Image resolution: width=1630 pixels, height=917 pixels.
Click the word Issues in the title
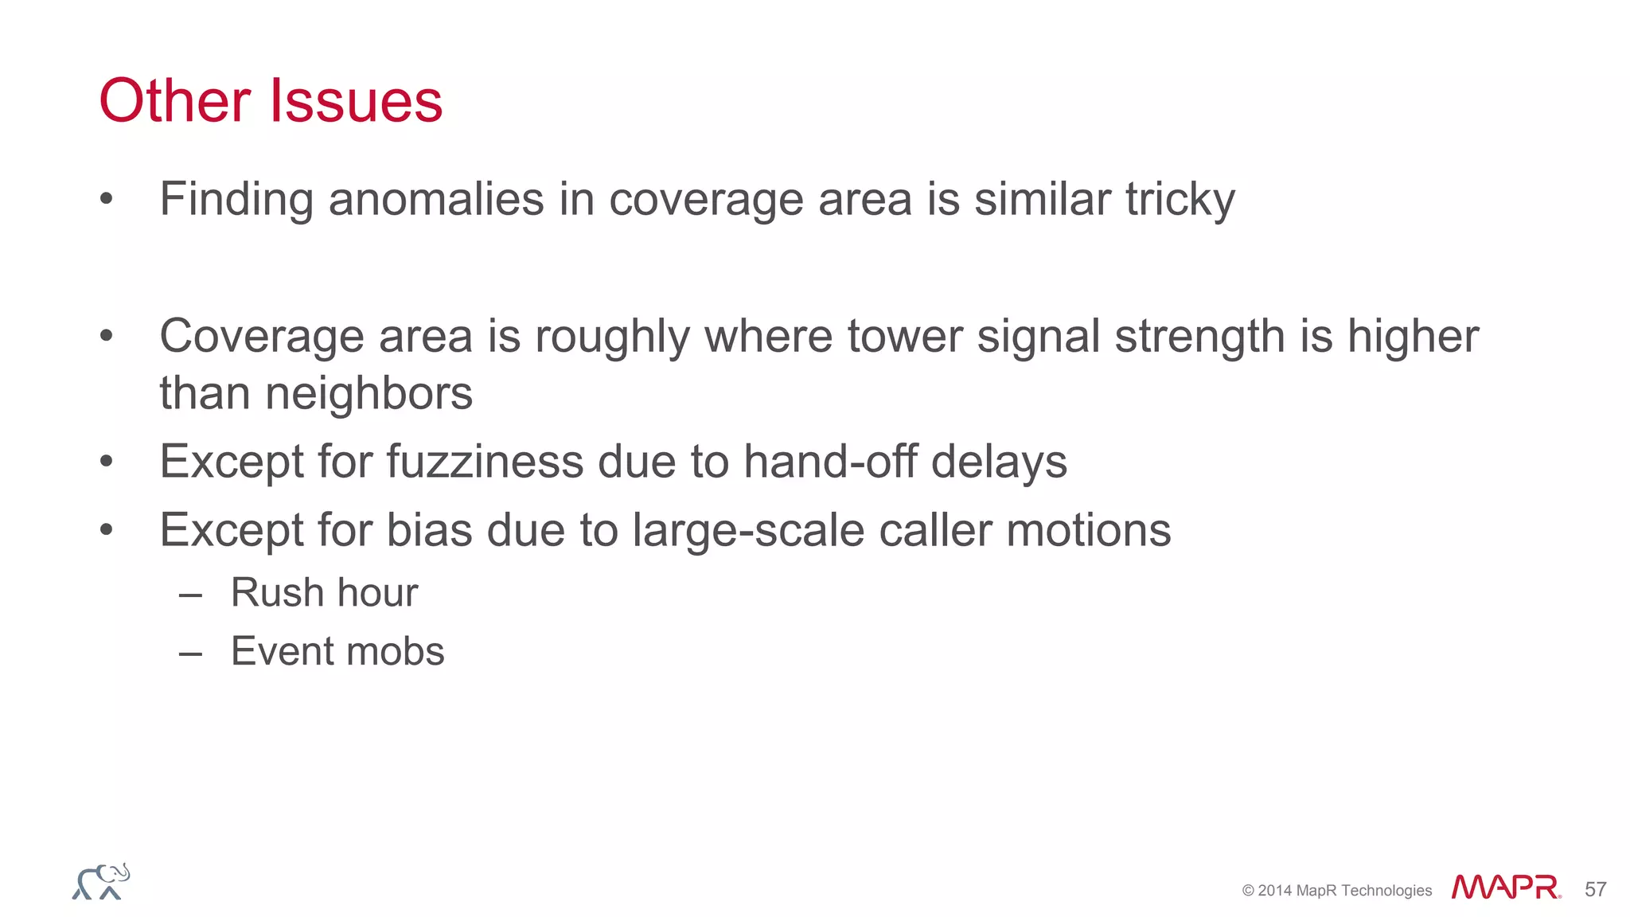tap(356, 101)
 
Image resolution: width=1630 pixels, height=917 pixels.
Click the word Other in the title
tap(175, 101)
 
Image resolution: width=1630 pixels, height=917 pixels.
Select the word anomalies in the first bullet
tap(436, 199)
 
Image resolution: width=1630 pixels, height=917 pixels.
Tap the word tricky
tap(1180, 199)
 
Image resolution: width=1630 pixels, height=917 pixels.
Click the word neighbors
tap(369, 393)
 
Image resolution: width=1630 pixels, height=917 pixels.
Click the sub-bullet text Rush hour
tap(324, 593)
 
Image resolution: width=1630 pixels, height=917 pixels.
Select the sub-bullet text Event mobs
tap(337, 652)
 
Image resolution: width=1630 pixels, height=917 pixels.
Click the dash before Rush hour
tap(191, 595)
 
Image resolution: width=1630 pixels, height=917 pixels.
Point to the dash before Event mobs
tap(191, 654)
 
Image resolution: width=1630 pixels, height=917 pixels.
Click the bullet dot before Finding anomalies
tap(107, 200)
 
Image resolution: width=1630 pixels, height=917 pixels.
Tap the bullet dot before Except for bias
tap(107, 530)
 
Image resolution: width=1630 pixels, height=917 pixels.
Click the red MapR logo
tap(1505, 888)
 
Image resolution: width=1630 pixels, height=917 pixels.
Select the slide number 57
tap(1595, 889)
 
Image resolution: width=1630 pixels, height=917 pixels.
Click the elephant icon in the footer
tap(101, 882)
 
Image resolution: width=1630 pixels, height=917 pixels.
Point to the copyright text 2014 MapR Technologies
tap(1336, 891)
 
